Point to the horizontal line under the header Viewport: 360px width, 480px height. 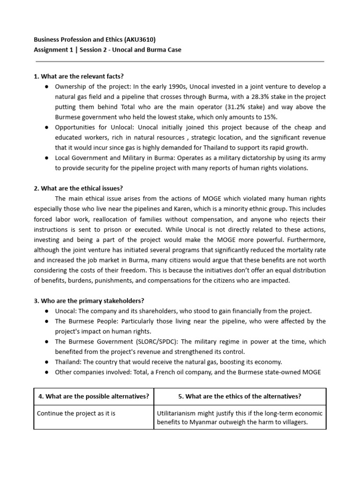(180, 61)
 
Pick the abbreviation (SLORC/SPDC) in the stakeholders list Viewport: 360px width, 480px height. (139, 341)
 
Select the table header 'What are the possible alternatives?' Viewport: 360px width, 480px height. (94, 396)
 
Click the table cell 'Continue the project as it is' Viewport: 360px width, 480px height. (76, 413)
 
